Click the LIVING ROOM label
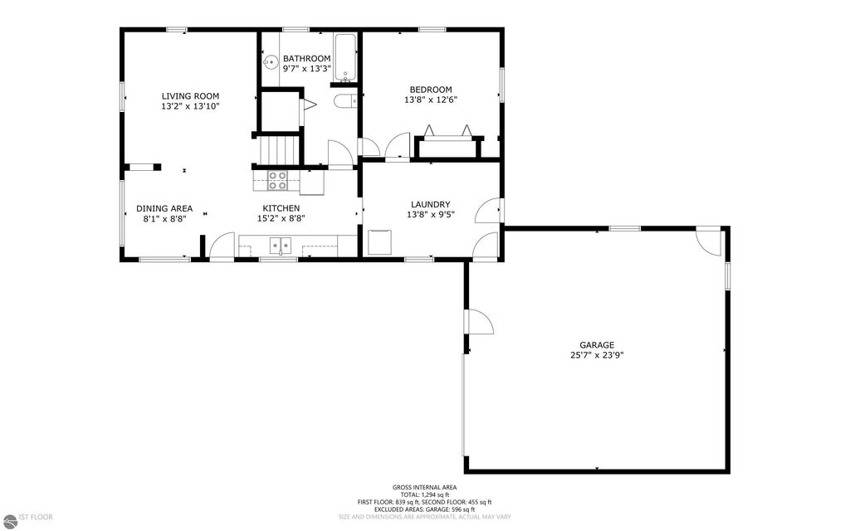click(190, 96)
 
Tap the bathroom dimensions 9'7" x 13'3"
click(307, 69)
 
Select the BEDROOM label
click(431, 90)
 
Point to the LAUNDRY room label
click(431, 205)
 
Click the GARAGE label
click(597, 345)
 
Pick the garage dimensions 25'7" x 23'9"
click(597, 355)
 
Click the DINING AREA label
click(164, 208)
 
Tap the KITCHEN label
click(281, 208)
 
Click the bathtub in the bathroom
click(345, 57)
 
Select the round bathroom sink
click(269, 62)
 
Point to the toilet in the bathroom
click(344, 101)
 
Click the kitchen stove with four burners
click(277, 180)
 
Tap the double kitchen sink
click(281, 244)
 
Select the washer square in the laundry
click(381, 242)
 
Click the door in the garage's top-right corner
click(707, 241)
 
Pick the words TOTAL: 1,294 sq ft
click(425, 494)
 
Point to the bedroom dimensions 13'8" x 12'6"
click(431, 100)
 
